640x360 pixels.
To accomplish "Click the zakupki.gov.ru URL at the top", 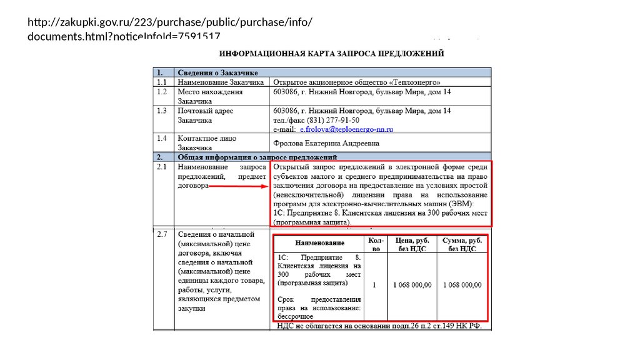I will coord(169,29).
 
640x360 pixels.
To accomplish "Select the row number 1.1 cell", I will coord(162,82).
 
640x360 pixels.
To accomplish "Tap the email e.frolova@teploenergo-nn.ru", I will coord(346,129).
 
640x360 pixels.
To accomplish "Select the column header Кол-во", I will coord(375,244).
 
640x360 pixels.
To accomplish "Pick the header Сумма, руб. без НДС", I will coord(462,244).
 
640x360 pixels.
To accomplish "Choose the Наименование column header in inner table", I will coord(319,242).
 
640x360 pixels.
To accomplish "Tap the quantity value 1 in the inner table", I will coord(374,285).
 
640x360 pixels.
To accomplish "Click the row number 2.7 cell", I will coord(162,234).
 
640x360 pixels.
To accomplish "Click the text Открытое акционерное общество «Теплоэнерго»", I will coord(357,82).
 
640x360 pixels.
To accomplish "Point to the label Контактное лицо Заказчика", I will coord(207,143).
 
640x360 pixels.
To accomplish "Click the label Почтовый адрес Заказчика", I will coord(206,116).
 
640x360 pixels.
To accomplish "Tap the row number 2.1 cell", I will coord(162,167).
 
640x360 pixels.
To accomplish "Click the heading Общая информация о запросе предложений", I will coord(257,156).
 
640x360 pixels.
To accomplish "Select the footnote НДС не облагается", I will coord(379,326).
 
